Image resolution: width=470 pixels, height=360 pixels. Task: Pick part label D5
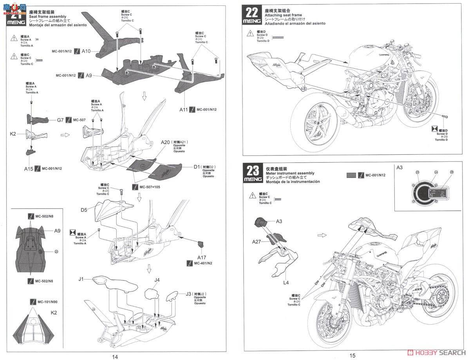(84, 210)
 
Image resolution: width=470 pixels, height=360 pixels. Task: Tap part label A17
(201, 257)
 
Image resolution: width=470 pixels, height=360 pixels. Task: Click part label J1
(81, 279)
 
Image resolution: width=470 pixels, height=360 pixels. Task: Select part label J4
(157, 280)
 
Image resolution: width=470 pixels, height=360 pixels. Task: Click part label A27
(257, 242)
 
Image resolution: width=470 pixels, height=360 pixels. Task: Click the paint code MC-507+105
(150, 187)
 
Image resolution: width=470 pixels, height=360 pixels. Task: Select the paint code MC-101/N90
(46, 302)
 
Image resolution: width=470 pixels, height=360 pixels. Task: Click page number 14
(115, 356)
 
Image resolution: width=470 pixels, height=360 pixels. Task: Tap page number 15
(352, 355)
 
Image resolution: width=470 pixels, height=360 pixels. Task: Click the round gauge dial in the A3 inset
(423, 193)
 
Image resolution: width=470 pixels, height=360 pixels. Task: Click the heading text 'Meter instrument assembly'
(290, 173)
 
